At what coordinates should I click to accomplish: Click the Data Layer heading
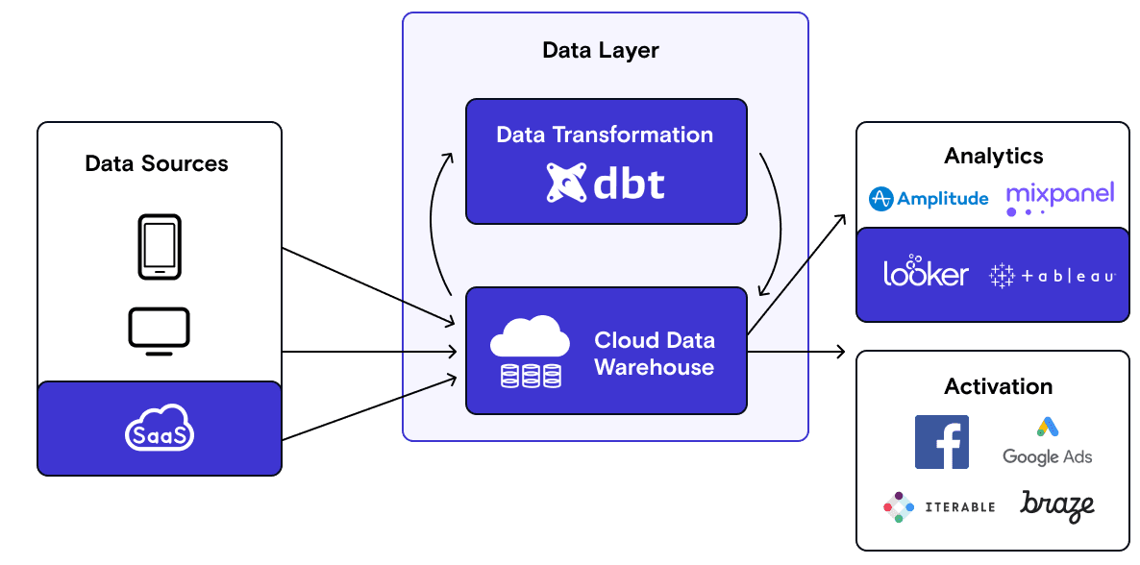coord(601,50)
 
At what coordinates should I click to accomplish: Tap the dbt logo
coord(606,183)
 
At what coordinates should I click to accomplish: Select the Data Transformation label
coord(605,135)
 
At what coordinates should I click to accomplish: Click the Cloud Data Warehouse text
coord(654,354)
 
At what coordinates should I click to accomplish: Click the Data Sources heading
coord(157,163)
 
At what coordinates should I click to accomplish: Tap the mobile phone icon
coord(159,247)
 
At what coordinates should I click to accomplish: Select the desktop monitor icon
coord(159,331)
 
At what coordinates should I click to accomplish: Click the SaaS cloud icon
coord(159,430)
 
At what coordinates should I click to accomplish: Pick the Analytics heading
coord(993,156)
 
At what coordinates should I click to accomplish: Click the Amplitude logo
coord(928,199)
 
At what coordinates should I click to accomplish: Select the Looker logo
coord(926,272)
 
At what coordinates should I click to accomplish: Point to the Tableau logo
coord(1052,276)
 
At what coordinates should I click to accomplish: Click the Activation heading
coord(998,386)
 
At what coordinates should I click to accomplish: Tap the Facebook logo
coord(941,442)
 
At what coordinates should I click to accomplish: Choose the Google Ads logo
coord(1047,442)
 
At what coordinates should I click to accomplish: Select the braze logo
coord(1057,505)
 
